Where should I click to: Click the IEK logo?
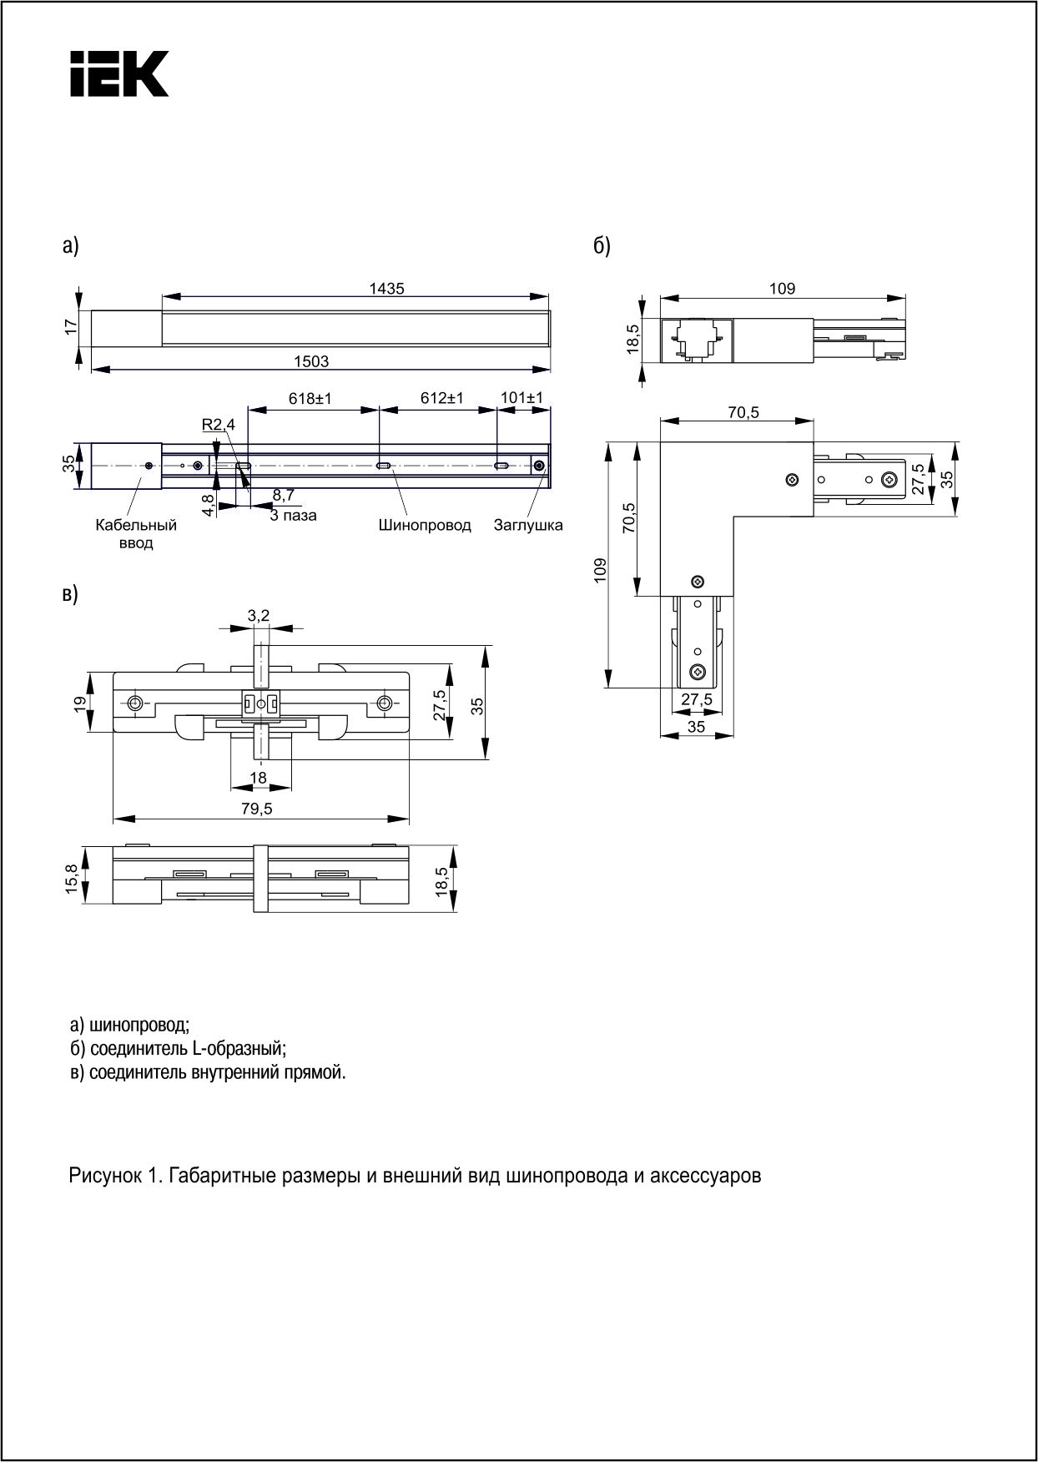pos(119,73)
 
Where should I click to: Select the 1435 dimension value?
pos(386,289)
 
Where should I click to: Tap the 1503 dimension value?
pos(310,361)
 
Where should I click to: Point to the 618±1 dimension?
pos(310,399)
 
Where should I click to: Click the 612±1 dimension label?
pos(442,399)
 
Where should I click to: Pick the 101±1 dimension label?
pos(522,398)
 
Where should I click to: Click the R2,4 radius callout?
pos(219,425)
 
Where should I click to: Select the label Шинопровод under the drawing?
pos(425,526)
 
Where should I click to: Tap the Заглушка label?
pos(528,526)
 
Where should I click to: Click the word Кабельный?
pos(136,526)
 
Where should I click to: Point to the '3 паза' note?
pos(293,516)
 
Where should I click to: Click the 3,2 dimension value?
pos(259,616)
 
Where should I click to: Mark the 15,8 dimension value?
pos(72,879)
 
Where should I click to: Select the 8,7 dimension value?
pos(284,496)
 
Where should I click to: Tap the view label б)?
pos(602,246)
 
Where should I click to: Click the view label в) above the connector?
pos(70,594)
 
